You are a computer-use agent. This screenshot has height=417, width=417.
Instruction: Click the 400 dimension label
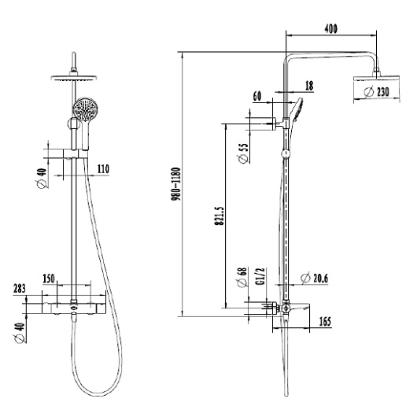(x=330, y=29)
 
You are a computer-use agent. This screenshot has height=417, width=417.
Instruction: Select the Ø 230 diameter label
(x=377, y=92)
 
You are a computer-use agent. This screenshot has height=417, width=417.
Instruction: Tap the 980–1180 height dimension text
(x=176, y=184)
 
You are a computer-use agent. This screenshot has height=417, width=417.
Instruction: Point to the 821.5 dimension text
(x=220, y=216)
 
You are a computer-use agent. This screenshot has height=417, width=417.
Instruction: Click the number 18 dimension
(x=309, y=86)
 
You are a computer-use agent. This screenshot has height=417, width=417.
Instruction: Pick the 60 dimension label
(x=257, y=96)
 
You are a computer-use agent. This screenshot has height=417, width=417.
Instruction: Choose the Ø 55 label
(x=243, y=153)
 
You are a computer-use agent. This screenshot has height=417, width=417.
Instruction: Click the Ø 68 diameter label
(x=242, y=278)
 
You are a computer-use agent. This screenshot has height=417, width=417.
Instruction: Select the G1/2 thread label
(x=261, y=276)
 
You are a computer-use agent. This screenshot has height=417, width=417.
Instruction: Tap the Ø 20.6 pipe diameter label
(x=315, y=279)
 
